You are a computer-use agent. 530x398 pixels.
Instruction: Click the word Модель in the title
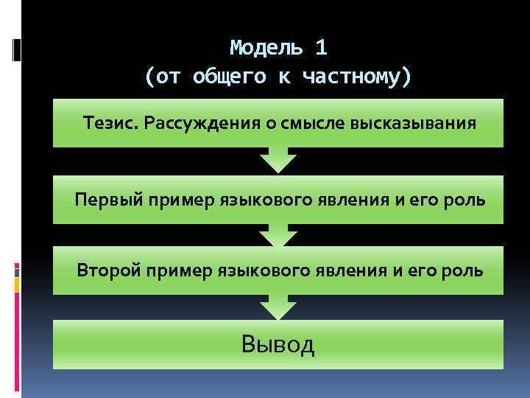coord(266,48)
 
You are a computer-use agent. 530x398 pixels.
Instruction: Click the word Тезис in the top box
coord(110,122)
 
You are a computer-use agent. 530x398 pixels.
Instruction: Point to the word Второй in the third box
coord(109,270)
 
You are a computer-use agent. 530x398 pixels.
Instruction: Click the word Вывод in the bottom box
coord(278,343)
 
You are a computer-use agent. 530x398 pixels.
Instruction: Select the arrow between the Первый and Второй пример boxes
coord(278,234)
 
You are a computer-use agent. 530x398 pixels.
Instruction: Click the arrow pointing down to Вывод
coord(278,306)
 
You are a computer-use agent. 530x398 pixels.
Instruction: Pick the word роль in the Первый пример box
coord(464,199)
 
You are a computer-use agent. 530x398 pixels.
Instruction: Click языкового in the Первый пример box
coord(258,199)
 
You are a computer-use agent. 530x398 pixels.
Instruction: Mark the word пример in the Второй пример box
coord(179,270)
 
